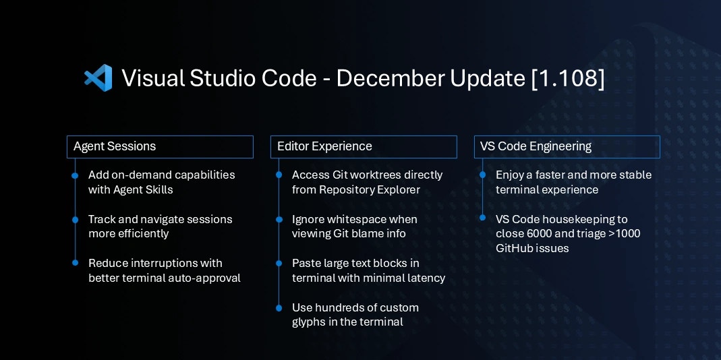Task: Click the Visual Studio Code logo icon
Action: [98, 78]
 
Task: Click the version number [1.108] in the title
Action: [568, 78]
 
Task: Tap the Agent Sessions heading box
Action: [160, 147]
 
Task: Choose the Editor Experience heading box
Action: [364, 147]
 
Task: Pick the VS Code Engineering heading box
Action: [567, 147]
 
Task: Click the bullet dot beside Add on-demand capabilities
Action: [75, 176]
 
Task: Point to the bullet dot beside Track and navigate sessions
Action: [75, 220]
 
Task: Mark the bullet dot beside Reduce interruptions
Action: [75, 264]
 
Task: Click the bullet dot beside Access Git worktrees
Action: [279, 176]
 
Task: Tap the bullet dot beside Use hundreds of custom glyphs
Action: [279, 308]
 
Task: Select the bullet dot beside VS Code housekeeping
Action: [482, 217]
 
